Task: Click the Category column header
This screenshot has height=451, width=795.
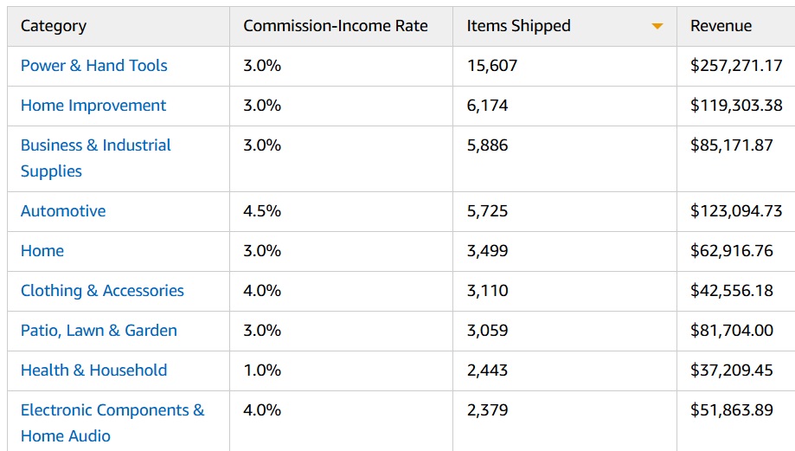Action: coord(54,26)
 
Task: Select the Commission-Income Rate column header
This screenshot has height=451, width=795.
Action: coord(335,26)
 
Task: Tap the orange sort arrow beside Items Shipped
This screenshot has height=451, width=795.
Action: coord(657,27)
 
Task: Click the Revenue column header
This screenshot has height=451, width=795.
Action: coord(721,26)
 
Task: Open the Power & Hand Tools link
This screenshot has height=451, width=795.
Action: coord(94,66)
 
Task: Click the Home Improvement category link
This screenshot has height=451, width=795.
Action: coord(93,106)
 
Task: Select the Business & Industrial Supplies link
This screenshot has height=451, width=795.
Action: coord(95,158)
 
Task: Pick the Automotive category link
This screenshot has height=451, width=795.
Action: coord(63,211)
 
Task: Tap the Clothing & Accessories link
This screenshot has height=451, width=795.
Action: coord(102,291)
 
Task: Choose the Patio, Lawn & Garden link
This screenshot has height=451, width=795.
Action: coord(99,331)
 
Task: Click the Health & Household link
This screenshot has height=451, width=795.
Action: coord(93,370)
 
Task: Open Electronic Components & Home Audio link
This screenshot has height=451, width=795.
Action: coord(112,422)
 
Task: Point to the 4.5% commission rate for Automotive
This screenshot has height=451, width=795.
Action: coord(262,211)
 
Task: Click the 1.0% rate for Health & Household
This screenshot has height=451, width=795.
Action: coord(262,370)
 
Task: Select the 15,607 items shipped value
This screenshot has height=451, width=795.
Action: coord(492,66)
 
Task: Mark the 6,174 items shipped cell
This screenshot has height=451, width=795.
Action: coord(488,106)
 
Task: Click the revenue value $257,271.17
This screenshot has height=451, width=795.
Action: coord(736,66)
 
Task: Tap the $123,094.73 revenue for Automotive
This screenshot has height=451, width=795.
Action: coord(736,211)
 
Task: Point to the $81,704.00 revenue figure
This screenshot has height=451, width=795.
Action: coord(732,331)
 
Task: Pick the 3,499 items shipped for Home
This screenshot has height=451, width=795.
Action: coord(488,251)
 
